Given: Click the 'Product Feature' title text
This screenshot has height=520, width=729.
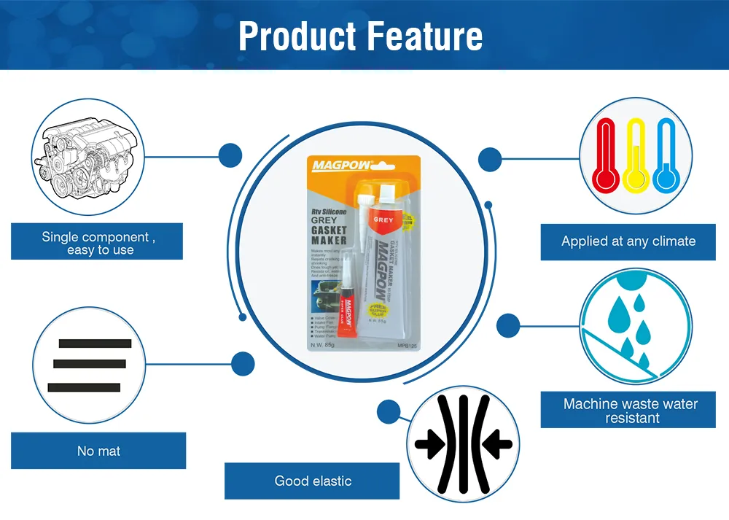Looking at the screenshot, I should click(360, 36).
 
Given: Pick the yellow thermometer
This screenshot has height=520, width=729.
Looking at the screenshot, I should click(636, 155).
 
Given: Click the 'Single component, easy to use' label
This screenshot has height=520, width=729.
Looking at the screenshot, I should click(97, 242).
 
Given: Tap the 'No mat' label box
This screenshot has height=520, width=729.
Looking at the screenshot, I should click(98, 451).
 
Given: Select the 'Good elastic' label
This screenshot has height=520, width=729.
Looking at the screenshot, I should click(312, 481).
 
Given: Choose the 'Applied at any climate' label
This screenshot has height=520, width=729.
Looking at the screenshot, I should click(628, 241).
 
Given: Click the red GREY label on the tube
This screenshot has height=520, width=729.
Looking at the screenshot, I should click(383, 218).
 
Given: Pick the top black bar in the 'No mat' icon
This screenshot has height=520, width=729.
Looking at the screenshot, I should click(95, 344).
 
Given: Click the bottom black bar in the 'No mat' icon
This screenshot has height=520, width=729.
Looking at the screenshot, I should click(84, 387).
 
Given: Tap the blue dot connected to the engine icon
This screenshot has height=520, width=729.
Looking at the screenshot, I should click(230, 155).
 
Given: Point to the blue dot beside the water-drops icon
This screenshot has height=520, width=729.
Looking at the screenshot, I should click(508, 325).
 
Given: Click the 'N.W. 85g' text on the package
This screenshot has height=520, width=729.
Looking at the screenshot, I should click(316, 344).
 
